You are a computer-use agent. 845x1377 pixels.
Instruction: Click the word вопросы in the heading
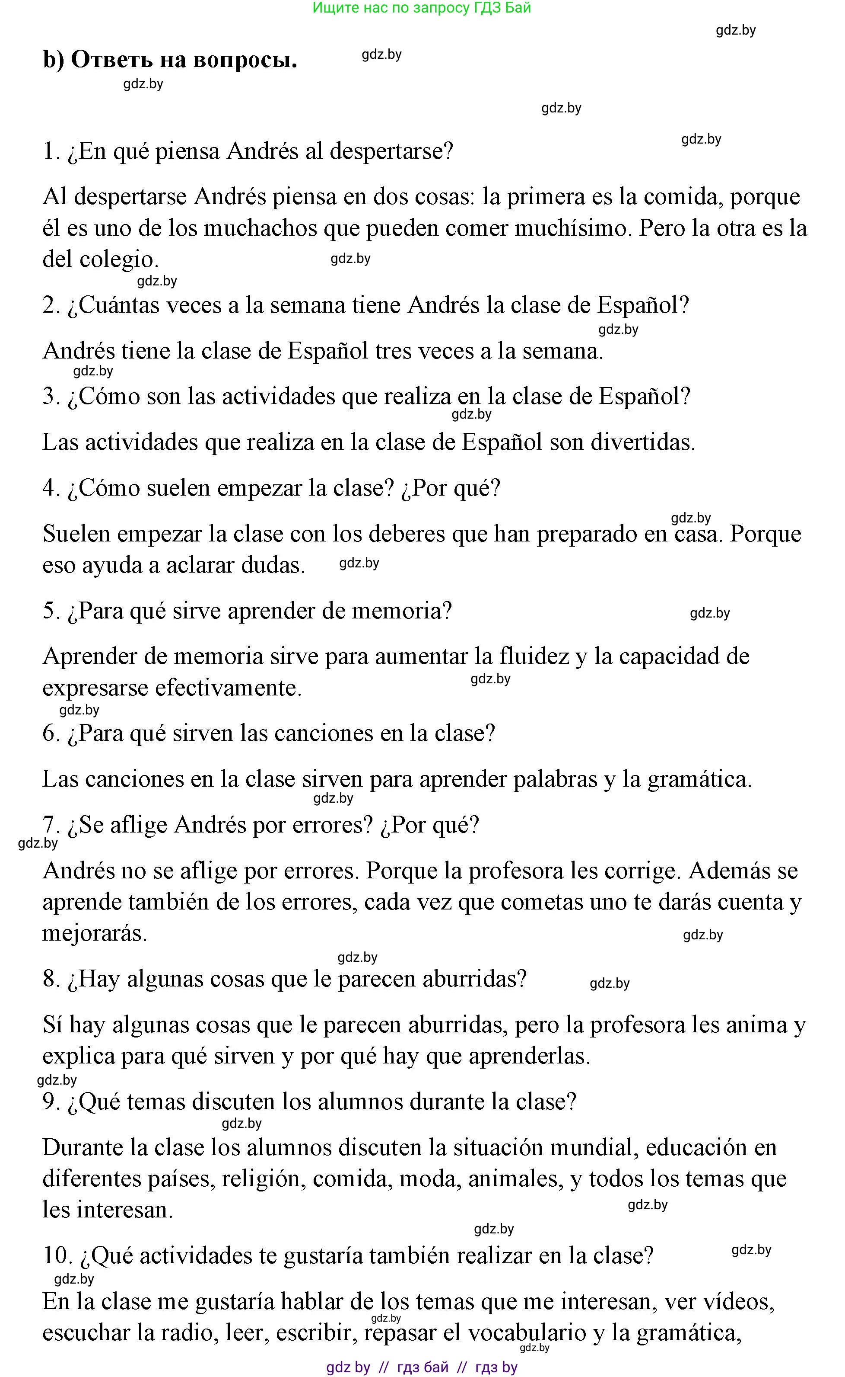click(x=245, y=60)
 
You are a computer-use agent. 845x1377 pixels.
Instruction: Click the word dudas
click(x=273, y=565)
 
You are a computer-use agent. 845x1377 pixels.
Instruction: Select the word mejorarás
click(x=95, y=933)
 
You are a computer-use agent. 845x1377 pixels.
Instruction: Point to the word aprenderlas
click(x=529, y=1056)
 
